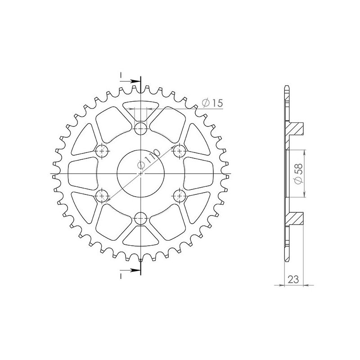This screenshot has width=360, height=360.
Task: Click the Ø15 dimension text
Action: (212, 103)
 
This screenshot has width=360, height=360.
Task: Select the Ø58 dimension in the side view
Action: (297, 172)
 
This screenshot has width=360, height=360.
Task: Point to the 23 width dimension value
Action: (293, 279)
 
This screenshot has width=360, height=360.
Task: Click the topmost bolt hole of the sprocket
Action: (141, 128)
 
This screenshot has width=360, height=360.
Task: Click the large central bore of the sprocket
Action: (141, 173)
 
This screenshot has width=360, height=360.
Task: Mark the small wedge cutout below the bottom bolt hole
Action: (141, 237)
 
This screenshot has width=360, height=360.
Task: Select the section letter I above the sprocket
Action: (121, 75)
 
